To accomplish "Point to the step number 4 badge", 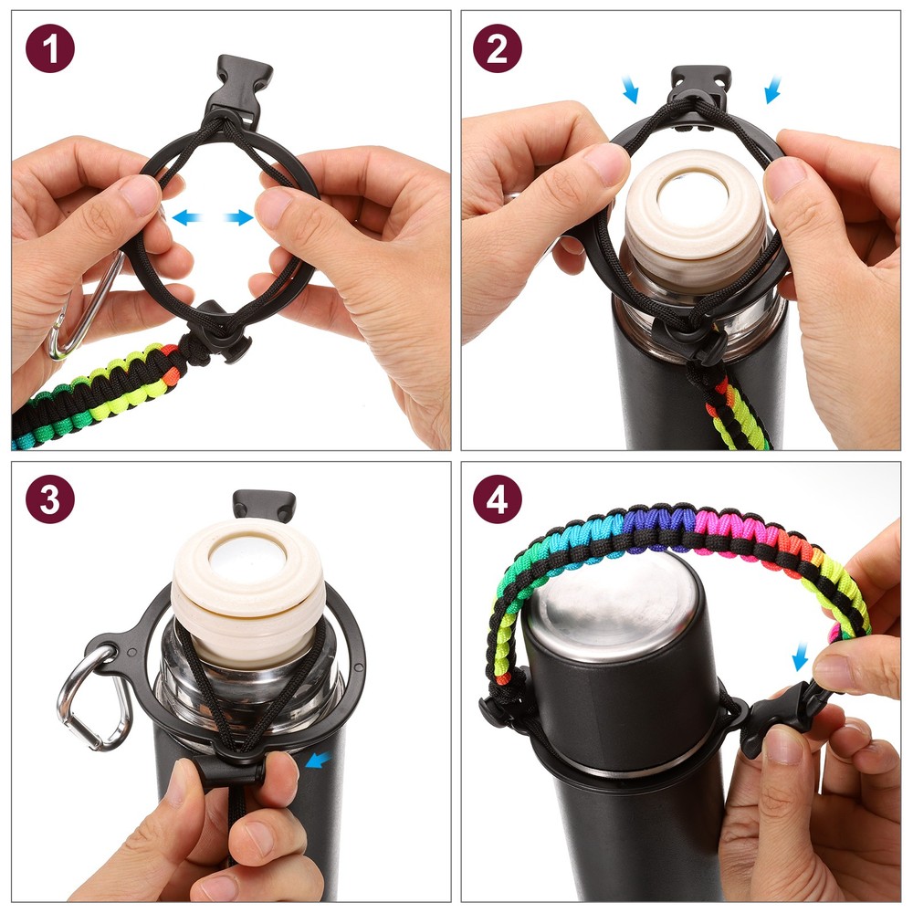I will (497, 500).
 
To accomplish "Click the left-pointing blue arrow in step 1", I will (187, 217).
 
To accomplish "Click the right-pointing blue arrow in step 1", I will (239, 217).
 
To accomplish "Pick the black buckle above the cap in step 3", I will (264, 503).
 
